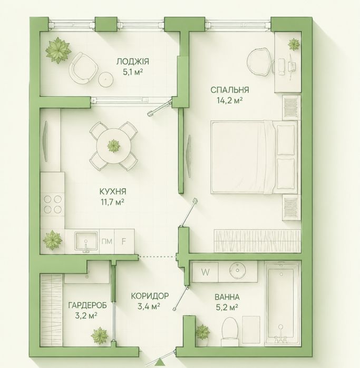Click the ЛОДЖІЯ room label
coord(133,62)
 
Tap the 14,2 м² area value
coord(230,101)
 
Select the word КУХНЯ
coord(113,192)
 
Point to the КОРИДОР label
coord(150,296)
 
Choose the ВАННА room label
coord(227,297)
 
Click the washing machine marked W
coord(206,272)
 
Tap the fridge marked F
coord(124,242)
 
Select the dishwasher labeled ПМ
coord(107,242)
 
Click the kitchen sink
coord(86,241)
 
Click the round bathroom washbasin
coord(238,271)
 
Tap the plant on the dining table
coord(114,146)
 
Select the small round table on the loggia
coord(106,79)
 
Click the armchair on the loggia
coord(83,67)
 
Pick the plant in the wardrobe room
coord(100,335)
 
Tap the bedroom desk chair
coord(260,62)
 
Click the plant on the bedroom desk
coord(294,44)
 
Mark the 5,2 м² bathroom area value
coord(227,307)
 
